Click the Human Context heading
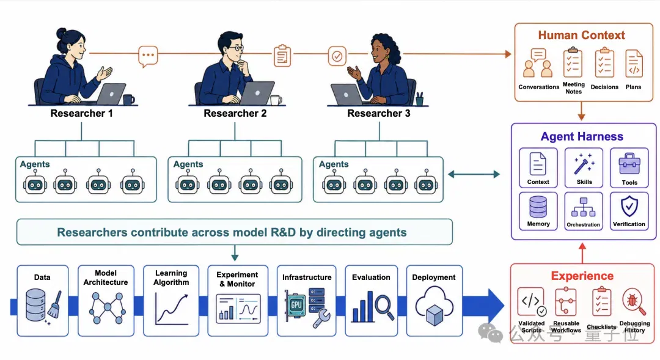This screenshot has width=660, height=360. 581,35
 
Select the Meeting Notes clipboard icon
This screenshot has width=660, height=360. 573,62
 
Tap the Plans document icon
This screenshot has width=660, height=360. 634,64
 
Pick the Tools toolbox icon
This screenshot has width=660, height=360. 629,164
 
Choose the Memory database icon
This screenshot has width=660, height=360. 538,207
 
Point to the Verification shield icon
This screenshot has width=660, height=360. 629,207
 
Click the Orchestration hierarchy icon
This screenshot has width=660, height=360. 584,207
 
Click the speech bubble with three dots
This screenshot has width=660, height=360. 148,56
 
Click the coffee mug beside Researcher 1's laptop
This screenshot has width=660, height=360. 128,99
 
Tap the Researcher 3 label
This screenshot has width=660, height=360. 378,113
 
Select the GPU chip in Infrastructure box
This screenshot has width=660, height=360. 296,304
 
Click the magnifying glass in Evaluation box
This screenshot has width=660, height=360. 384,307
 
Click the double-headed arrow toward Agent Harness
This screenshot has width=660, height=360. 474,174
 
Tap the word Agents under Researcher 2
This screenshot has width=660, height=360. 188,164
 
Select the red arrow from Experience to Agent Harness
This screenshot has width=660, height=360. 582,252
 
